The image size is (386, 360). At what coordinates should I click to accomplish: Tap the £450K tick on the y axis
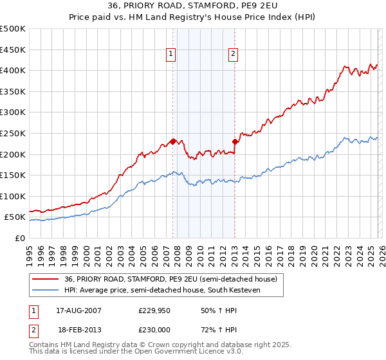tap(13, 50)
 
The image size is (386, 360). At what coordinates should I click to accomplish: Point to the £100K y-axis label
tap(13, 196)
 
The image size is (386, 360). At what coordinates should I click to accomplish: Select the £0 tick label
tap(20, 239)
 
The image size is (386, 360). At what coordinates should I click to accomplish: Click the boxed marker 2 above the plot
tap(232, 55)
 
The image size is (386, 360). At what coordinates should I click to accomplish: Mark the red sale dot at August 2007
tap(172, 141)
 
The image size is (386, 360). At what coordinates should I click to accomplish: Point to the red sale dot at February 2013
tap(235, 141)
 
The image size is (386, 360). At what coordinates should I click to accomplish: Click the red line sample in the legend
tap(45, 279)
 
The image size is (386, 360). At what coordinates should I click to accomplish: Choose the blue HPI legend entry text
tap(174, 291)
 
